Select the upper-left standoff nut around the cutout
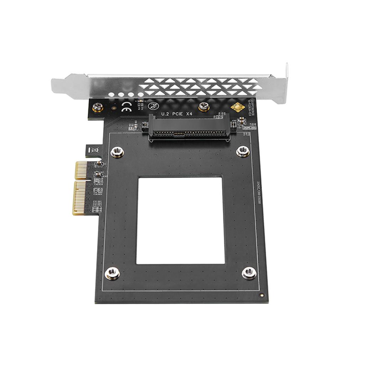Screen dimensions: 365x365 [x=117, y=152]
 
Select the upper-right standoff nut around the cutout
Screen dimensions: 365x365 [x=243, y=151]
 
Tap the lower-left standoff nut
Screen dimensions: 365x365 [x=112, y=273]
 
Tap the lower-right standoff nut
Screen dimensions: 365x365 [x=249, y=273]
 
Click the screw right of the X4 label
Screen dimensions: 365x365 [x=204, y=106]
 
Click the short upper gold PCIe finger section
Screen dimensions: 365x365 [x=81, y=170]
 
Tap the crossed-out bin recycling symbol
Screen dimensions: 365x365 [x=94, y=150]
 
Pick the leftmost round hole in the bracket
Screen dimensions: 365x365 [x=112, y=95]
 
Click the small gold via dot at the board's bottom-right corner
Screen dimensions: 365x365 [x=262, y=295]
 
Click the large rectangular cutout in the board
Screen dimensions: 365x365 [x=181, y=220]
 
